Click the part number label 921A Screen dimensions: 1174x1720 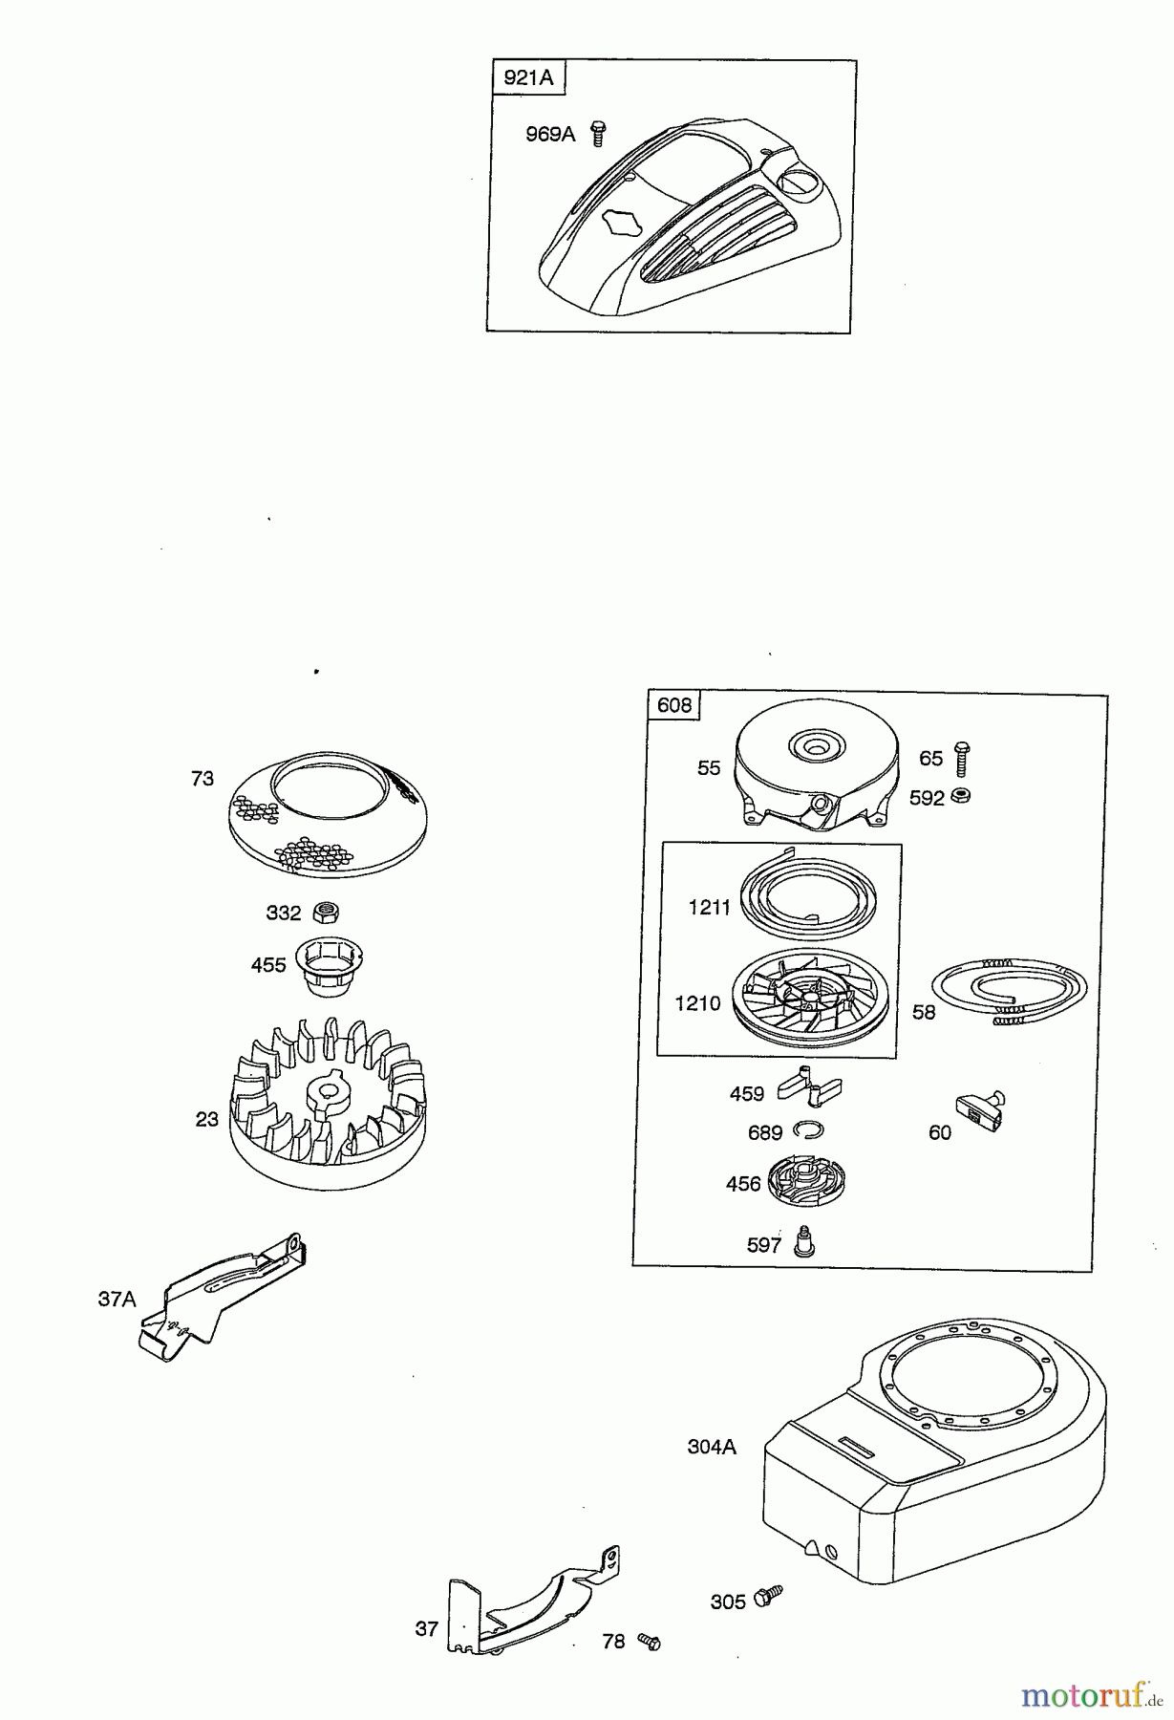tap(528, 77)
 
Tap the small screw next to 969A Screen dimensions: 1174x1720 tap(598, 134)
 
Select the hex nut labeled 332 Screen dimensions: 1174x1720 tap(326, 913)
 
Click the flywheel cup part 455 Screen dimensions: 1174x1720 tap(331, 965)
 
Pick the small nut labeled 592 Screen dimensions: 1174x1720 tap(963, 796)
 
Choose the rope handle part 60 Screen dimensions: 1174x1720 tap(981, 1111)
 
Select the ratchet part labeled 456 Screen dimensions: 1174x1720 tap(808, 1184)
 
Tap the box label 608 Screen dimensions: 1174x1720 tap(674, 705)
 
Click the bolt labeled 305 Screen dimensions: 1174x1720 tap(767, 1595)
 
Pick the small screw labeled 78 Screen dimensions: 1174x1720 tap(650, 1641)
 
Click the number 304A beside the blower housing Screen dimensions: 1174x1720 tap(712, 1447)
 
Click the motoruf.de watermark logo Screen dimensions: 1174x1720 tap(1091, 1695)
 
